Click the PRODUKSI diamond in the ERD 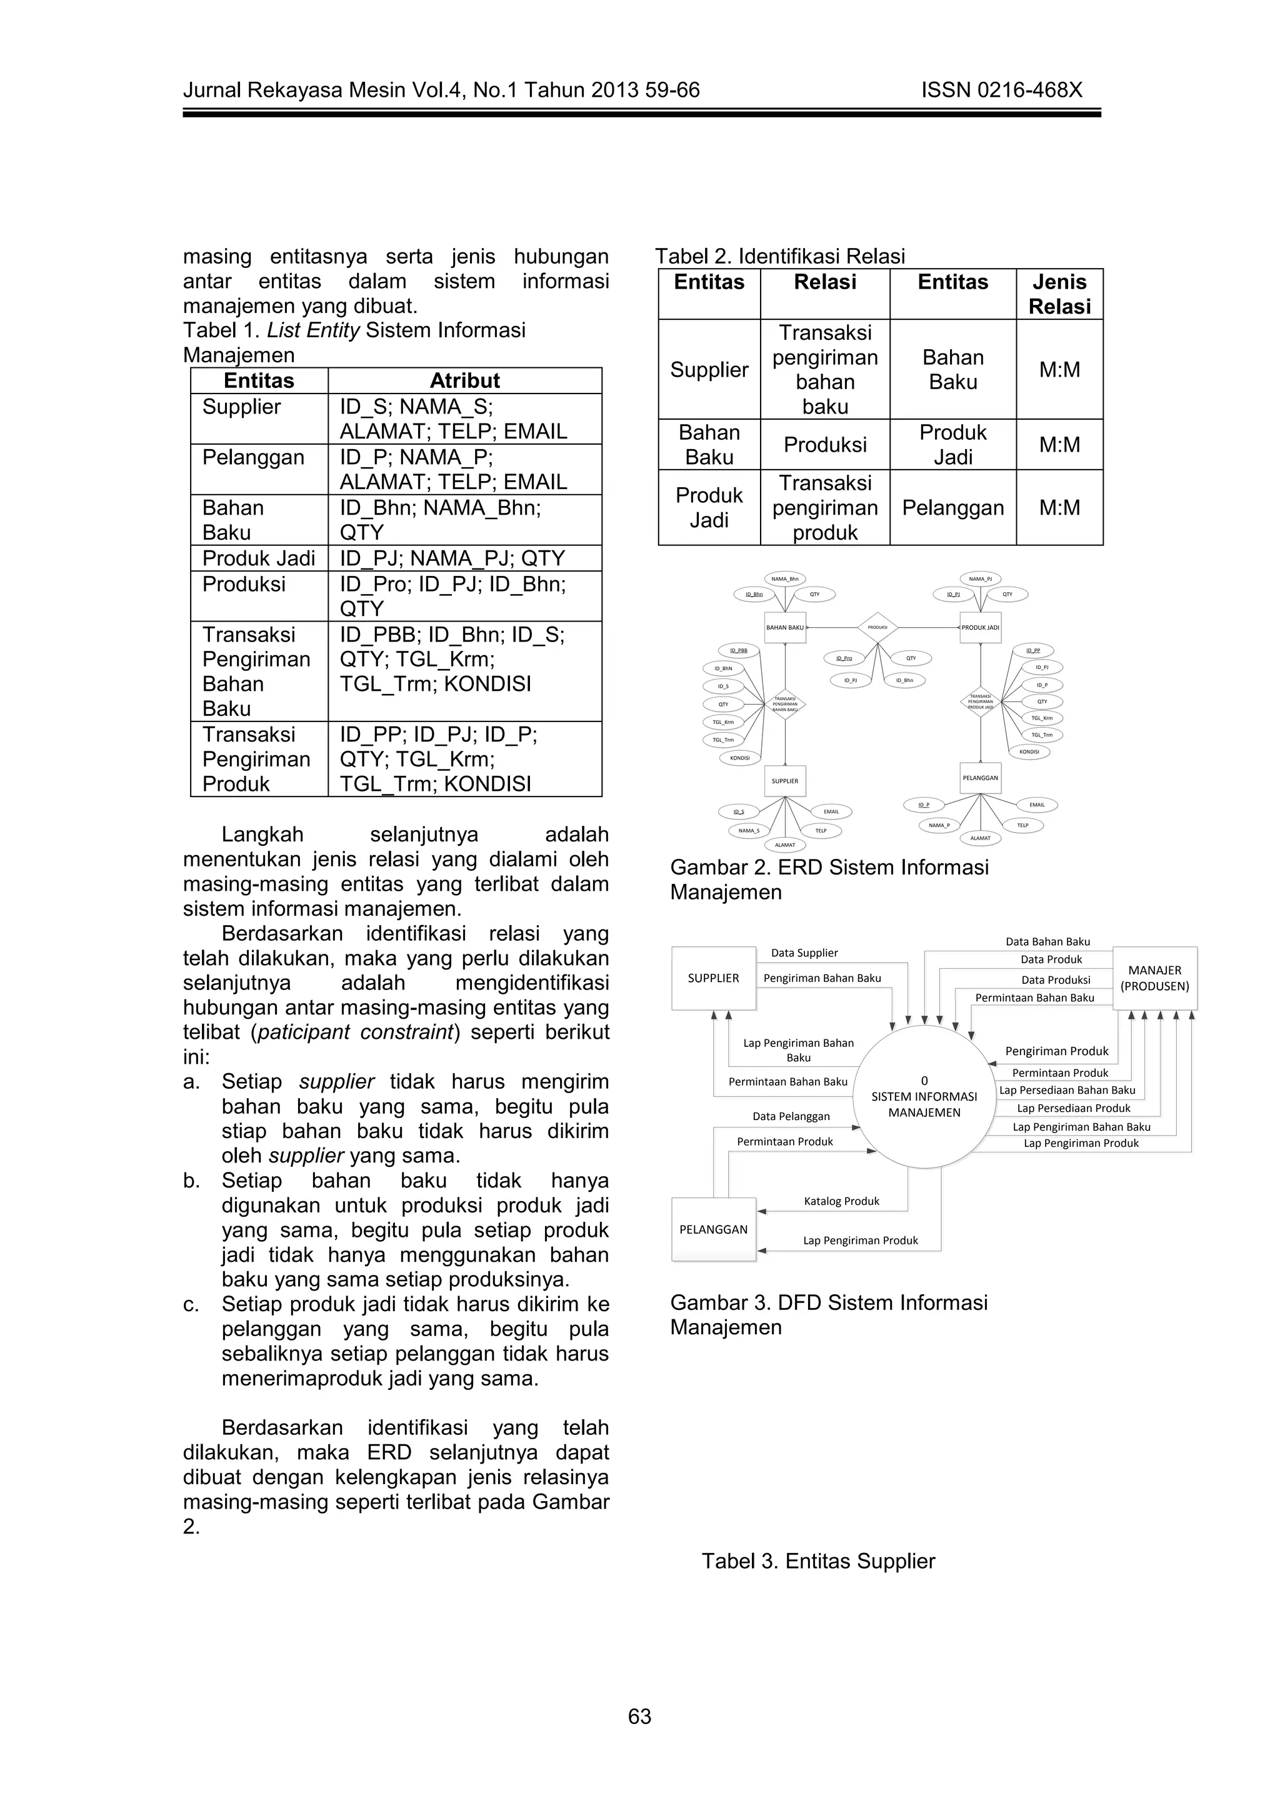coord(877,627)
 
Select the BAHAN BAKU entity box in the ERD coord(785,627)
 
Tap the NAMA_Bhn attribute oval coord(785,578)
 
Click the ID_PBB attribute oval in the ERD coord(739,651)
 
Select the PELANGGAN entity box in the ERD coord(980,778)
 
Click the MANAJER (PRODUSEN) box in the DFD coord(1154,978)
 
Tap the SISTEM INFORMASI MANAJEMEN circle coord(924,1097)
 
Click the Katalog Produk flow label coord(841,1201)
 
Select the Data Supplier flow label coord(804,953)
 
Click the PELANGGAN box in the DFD coord(713,1229)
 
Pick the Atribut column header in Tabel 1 coord(464,380)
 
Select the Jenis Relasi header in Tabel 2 coord(1059,294)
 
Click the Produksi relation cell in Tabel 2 coord(824,444)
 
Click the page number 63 coord(639,1716)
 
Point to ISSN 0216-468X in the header coord(1001,90)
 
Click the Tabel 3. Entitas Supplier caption coord(818,1561)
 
